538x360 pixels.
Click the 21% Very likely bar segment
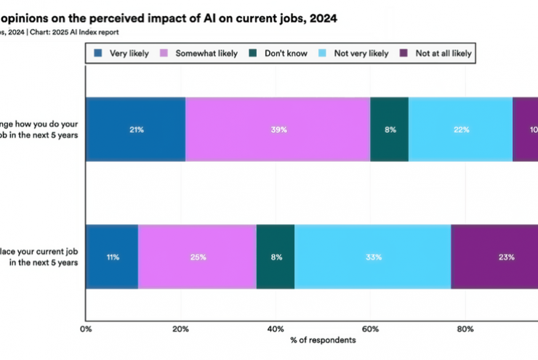click(x=135, y=129)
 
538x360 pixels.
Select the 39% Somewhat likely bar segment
click(x=278, y=129)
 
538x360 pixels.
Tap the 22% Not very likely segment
click(x=460, y=129)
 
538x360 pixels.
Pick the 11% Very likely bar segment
click(x=112, y=257)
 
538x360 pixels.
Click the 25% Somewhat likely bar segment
click(x=197, y=257)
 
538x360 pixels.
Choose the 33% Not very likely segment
click(x=372, y=257)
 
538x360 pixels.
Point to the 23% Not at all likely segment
click(x=494, y=257)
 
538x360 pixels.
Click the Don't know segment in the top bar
click(x=389, y=129)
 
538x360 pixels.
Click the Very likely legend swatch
click(x=99, y=53)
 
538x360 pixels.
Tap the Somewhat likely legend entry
click(x=190, y=53)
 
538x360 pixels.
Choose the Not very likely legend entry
click(x=354, y=53)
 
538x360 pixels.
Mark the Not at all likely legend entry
click(x=436, y=53)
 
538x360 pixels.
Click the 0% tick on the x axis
click(x=86, y=328)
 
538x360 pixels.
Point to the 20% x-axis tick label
click(x=180, y=328)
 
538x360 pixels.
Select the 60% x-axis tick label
click(x=370, y=328)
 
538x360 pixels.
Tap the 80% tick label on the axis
click(x=465, y=328)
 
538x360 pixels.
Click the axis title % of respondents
click(x=323, y=340)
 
